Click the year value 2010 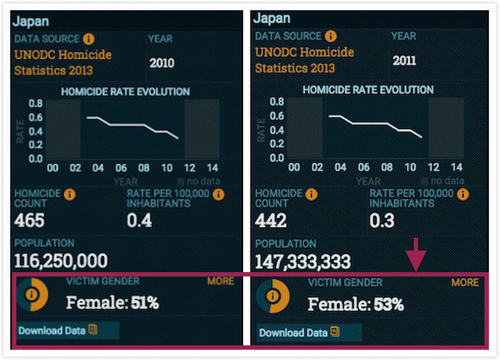pyautogui.click(x=162, y=63)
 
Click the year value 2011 pyautogui.click(x=404, y=60)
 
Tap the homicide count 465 pyautogui.click(x=29, y=220)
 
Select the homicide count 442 pyautogui.click(x=271, y=220)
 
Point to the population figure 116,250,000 pyautogui.click(x=61, y=261)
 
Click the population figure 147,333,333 pyautogui.click(x=303, y=262)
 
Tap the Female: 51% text pyautogui.click(x=113, y=302)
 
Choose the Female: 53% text pyautogui.click(x=356, y=304)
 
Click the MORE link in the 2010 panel pyautogui.click(x=221, y=281)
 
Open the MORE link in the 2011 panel pyautogui.click(x=465, y=282)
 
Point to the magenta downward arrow pyautogui.click(x=416, y=255)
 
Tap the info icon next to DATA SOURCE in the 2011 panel pyautogui.click(x=331, y=36)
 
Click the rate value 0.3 pyautogui.click(x=382, y=220)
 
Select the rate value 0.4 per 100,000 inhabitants pyautogui.click(x=140, y=220)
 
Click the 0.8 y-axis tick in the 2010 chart pyautogui.click(x=35, y=103)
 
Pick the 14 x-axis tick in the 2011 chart pyautogui.click(x=457, y=167)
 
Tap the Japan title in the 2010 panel pyautogui.click(x=31, y=22)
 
